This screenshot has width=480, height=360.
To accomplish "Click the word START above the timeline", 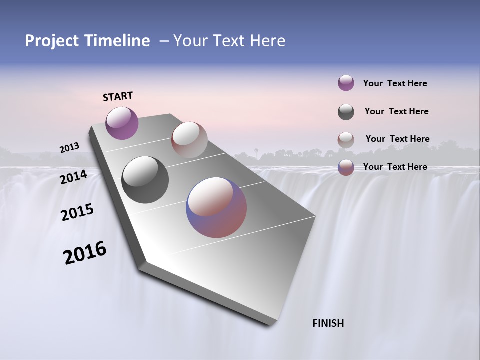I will click(118, 96).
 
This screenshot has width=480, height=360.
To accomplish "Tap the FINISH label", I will click(328, 323).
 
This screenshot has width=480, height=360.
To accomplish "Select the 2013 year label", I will click(69, 148).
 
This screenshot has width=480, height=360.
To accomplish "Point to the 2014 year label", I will click(73, 177).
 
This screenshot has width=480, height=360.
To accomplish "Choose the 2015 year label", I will click(77, 212).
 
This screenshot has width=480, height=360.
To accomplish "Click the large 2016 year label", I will click(85, 253).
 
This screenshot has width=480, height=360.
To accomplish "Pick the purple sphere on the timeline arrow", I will click(122, 123).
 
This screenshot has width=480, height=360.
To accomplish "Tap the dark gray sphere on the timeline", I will click(145, 180).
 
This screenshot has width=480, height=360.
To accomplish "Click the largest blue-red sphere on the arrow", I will click(216, 207).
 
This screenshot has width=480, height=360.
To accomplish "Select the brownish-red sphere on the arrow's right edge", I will click(189, 140).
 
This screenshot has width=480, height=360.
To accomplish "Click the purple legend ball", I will click(346, 83).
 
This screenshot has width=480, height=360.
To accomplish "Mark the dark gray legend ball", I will click(346, 112).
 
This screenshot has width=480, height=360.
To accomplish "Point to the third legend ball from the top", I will click(346, 140).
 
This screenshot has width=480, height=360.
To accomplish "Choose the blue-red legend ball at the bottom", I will click(346, 167).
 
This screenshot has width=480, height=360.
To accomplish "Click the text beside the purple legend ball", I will click(395, 83).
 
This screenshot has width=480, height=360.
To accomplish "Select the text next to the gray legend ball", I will click(396, 111).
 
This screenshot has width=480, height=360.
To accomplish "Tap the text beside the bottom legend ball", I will click(395, 167).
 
